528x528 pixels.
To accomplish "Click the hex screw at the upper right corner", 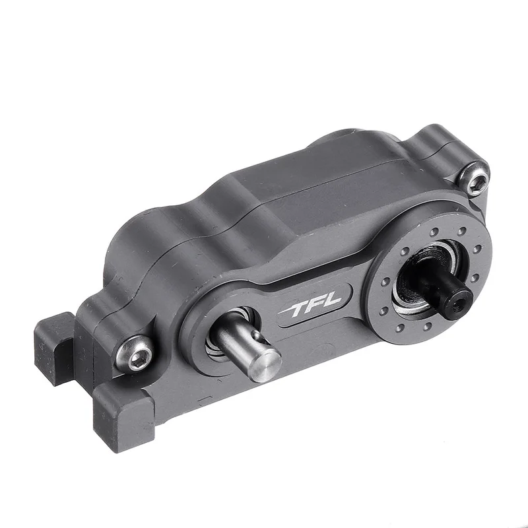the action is pos(475,178).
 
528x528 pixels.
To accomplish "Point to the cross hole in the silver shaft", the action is pos(258,337).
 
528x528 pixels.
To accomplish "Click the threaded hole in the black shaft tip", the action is pos(459,298).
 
